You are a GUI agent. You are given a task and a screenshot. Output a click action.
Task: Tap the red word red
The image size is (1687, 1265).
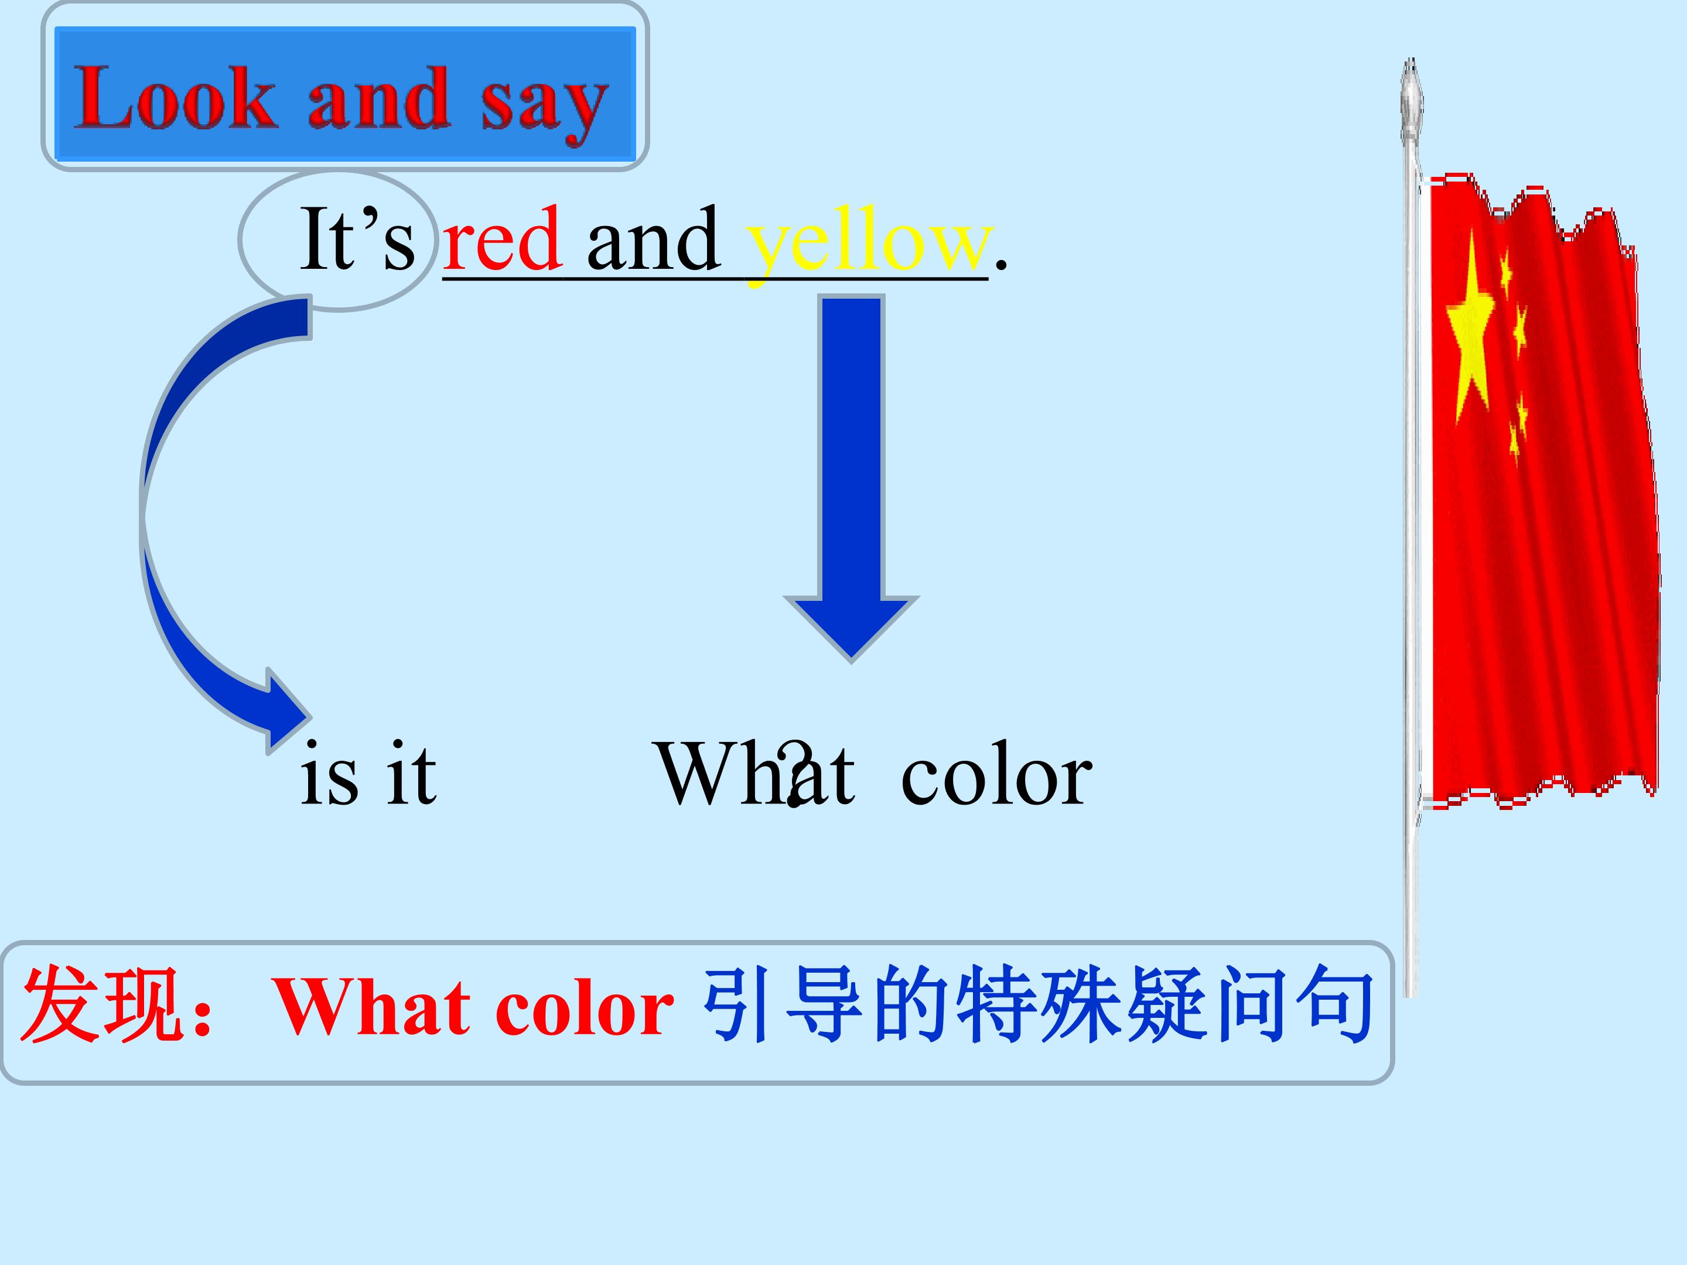502,240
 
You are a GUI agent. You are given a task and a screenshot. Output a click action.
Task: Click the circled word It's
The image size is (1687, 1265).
357,240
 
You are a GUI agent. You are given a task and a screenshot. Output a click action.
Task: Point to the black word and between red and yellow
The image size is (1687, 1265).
653,240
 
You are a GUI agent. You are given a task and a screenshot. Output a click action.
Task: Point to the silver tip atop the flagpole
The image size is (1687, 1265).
1412,99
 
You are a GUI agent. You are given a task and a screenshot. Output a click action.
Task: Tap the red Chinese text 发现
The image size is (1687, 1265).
99,1005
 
